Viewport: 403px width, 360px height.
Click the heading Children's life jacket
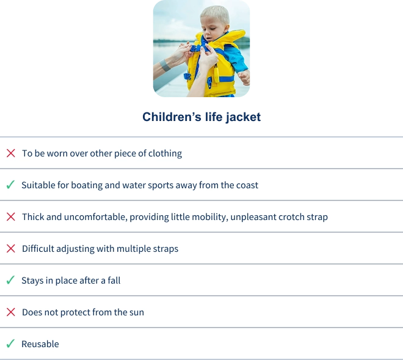201,117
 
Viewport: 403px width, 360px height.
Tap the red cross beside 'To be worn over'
11,153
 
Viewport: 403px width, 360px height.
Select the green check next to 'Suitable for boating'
10,185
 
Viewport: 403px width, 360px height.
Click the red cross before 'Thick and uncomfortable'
11,216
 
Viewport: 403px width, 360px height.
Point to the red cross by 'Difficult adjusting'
11,249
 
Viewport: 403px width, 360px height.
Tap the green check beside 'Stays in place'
10,280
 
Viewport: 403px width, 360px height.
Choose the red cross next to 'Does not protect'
11,312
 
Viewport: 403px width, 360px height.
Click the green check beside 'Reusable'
10,343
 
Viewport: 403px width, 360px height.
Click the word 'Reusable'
40,344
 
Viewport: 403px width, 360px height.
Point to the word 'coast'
249,185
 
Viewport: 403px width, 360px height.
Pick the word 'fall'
114,280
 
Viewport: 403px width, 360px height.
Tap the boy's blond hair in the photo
216,13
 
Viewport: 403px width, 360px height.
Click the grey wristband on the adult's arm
165,65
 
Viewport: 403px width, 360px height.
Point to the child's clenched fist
244,77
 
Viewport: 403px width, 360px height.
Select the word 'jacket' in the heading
244,117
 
